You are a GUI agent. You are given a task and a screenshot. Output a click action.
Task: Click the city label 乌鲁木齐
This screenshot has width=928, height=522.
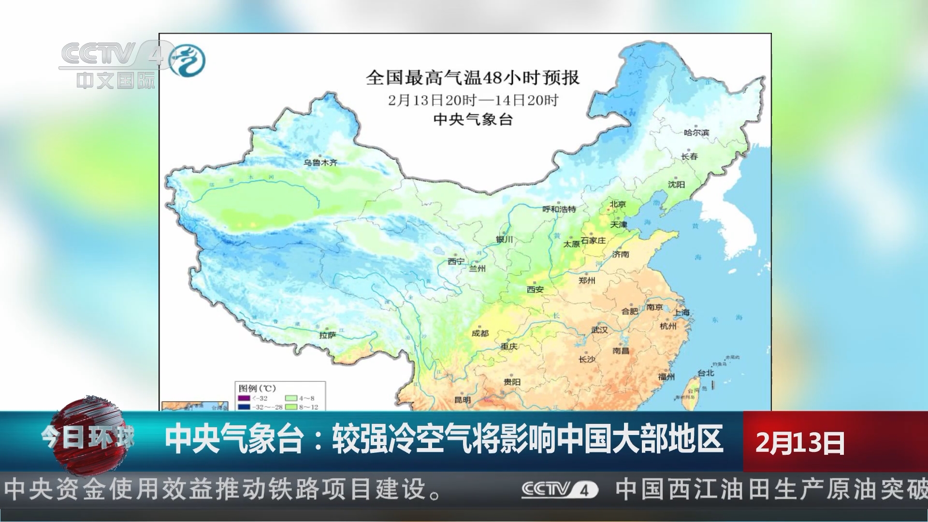[320, 163]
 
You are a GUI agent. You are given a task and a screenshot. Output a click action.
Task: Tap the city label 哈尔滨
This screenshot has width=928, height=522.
[696, 132]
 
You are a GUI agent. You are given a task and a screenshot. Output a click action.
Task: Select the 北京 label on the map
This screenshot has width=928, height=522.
[617, 204]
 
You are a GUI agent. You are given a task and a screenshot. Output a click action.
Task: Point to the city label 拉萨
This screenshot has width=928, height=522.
[327, 335]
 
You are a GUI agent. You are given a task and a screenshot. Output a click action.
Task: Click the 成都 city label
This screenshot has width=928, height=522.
[480, 333]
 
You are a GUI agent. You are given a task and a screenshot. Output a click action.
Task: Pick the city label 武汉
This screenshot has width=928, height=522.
[599, 330]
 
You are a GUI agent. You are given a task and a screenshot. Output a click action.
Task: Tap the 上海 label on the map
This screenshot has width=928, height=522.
[681, 313]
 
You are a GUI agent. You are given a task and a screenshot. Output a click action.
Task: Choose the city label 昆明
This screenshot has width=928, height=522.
[463, 400]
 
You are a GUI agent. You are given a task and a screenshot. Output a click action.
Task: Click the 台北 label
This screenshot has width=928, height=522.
[706, 373]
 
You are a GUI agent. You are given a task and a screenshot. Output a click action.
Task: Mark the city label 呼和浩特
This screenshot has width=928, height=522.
[559, 209]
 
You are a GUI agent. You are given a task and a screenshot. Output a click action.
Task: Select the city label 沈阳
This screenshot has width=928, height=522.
[676, 184]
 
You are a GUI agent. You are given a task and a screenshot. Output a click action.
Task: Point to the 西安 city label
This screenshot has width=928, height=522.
[535, 289]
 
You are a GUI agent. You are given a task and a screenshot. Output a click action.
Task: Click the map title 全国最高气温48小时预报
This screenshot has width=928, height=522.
[472, 77]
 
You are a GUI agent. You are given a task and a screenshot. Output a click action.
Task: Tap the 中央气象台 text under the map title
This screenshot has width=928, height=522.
[472, 119]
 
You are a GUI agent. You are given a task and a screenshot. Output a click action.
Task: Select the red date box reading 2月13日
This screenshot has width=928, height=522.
[800, 442]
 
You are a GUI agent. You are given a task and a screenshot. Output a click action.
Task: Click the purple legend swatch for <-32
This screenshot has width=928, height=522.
[244, 398]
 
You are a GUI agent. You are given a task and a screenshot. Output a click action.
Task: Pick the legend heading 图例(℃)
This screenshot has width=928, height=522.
[257, 388]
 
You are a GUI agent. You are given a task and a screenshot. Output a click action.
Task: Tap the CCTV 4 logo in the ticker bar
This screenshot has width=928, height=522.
[560, 490]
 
